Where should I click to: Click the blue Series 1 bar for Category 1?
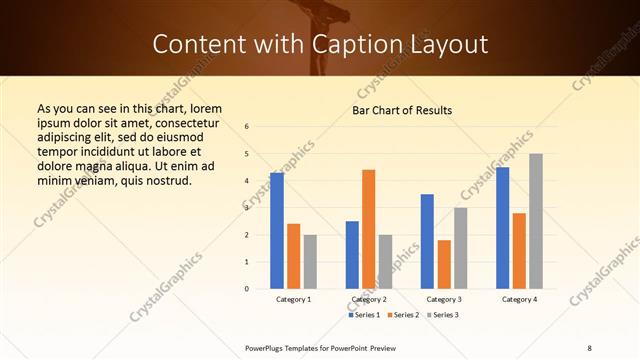tap(277, 231)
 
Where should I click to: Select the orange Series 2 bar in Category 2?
tap(368, 229)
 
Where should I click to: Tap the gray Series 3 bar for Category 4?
tap(536, 221)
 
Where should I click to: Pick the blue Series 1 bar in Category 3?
tap(427, 241)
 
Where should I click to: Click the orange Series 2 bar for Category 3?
tap(444, 264)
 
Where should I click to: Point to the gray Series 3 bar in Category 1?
tap(310, 262)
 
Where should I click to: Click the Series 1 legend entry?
tap(366, 315)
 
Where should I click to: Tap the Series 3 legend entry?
tap(446, 315)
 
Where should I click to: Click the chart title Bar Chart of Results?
tap(402, 110)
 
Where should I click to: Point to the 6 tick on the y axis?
tap(247, 127)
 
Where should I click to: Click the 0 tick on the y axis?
tap(247, 289)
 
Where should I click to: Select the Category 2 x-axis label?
tap(368, 299)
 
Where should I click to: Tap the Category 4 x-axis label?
tap(519, 299)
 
